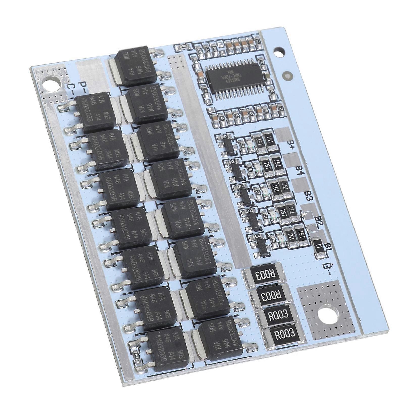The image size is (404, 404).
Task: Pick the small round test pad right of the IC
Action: (x=286, y=75)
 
